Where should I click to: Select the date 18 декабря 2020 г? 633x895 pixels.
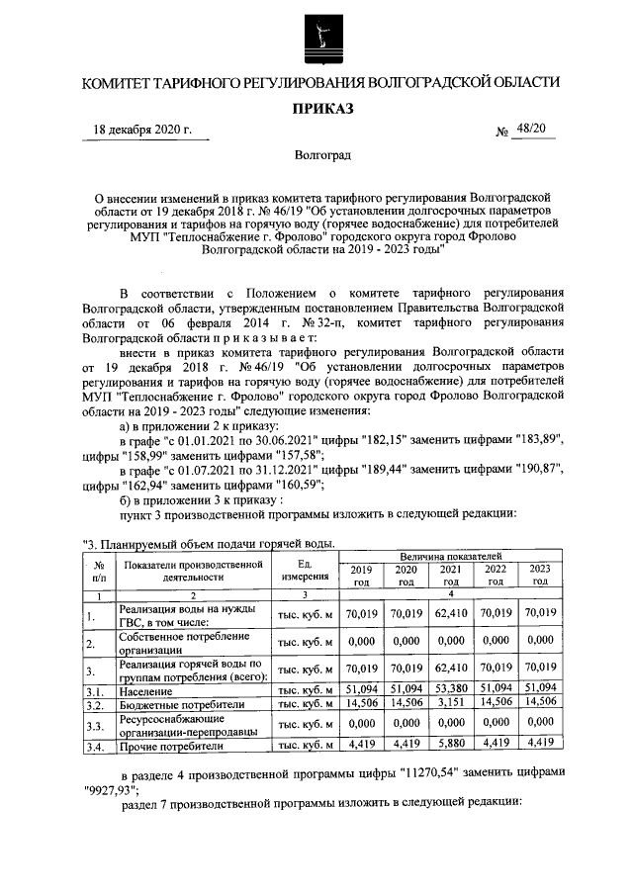[x=142, y=131]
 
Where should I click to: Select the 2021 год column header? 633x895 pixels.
[x=450, y=576]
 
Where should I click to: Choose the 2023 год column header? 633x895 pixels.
[x=539, y=576]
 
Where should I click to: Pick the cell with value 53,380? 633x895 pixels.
[x=450, y=688]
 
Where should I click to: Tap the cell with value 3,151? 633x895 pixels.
[x=450, y=703]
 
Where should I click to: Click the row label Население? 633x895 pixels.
[x=146, y=690]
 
